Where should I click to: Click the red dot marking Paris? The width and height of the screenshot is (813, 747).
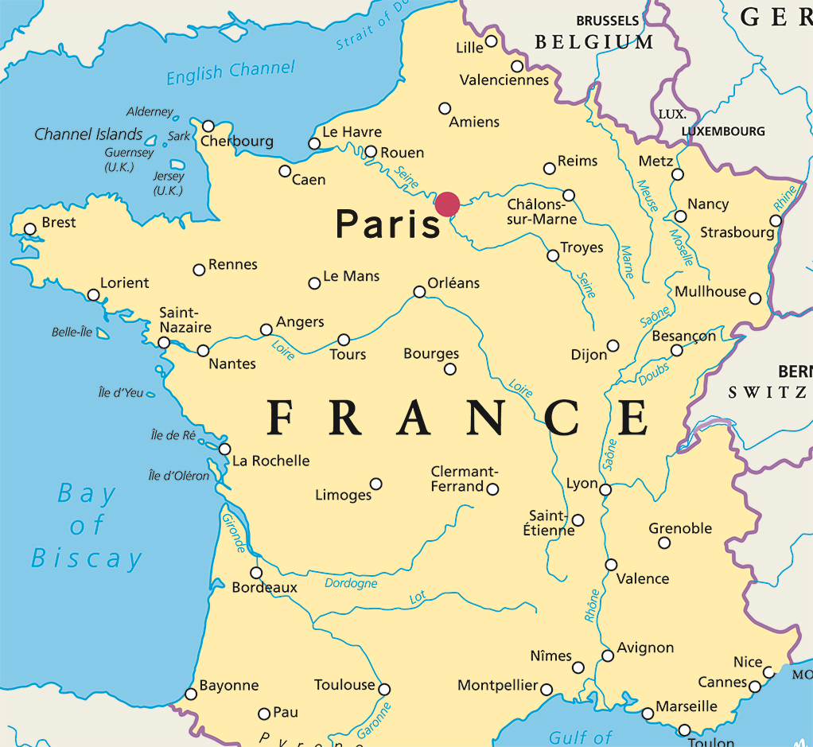coord(447,204)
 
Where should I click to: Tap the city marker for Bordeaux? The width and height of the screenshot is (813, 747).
coord(256,573)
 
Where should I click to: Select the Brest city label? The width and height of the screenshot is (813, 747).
coord(59,223)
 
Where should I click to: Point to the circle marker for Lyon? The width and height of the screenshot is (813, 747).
coord(605,489)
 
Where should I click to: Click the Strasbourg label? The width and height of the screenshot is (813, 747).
coord(737,232)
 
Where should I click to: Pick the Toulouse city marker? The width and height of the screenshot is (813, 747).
coord(384,689)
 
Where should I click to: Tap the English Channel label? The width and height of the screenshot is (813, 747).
coord(230,72)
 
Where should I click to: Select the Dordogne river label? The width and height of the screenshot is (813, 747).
coord(351,583)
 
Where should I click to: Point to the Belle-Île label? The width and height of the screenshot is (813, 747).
coord(72,333)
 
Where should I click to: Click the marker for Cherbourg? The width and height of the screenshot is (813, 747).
coord(208,126)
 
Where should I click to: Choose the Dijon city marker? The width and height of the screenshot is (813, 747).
coord(613,345)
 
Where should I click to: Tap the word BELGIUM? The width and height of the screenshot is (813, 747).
coord(594,42)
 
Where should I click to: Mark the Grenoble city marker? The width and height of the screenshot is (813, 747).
coord(664,543)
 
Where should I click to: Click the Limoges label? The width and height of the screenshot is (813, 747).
coord(344,495)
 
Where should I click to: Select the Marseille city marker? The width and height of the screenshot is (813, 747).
coord(648,714)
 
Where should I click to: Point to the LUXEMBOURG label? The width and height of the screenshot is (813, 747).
coord(723,131)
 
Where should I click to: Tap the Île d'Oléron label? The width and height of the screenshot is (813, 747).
coord(179,476)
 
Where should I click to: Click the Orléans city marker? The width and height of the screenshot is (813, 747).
coord(419,292)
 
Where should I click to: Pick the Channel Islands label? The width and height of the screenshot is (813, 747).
coord(88,134)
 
